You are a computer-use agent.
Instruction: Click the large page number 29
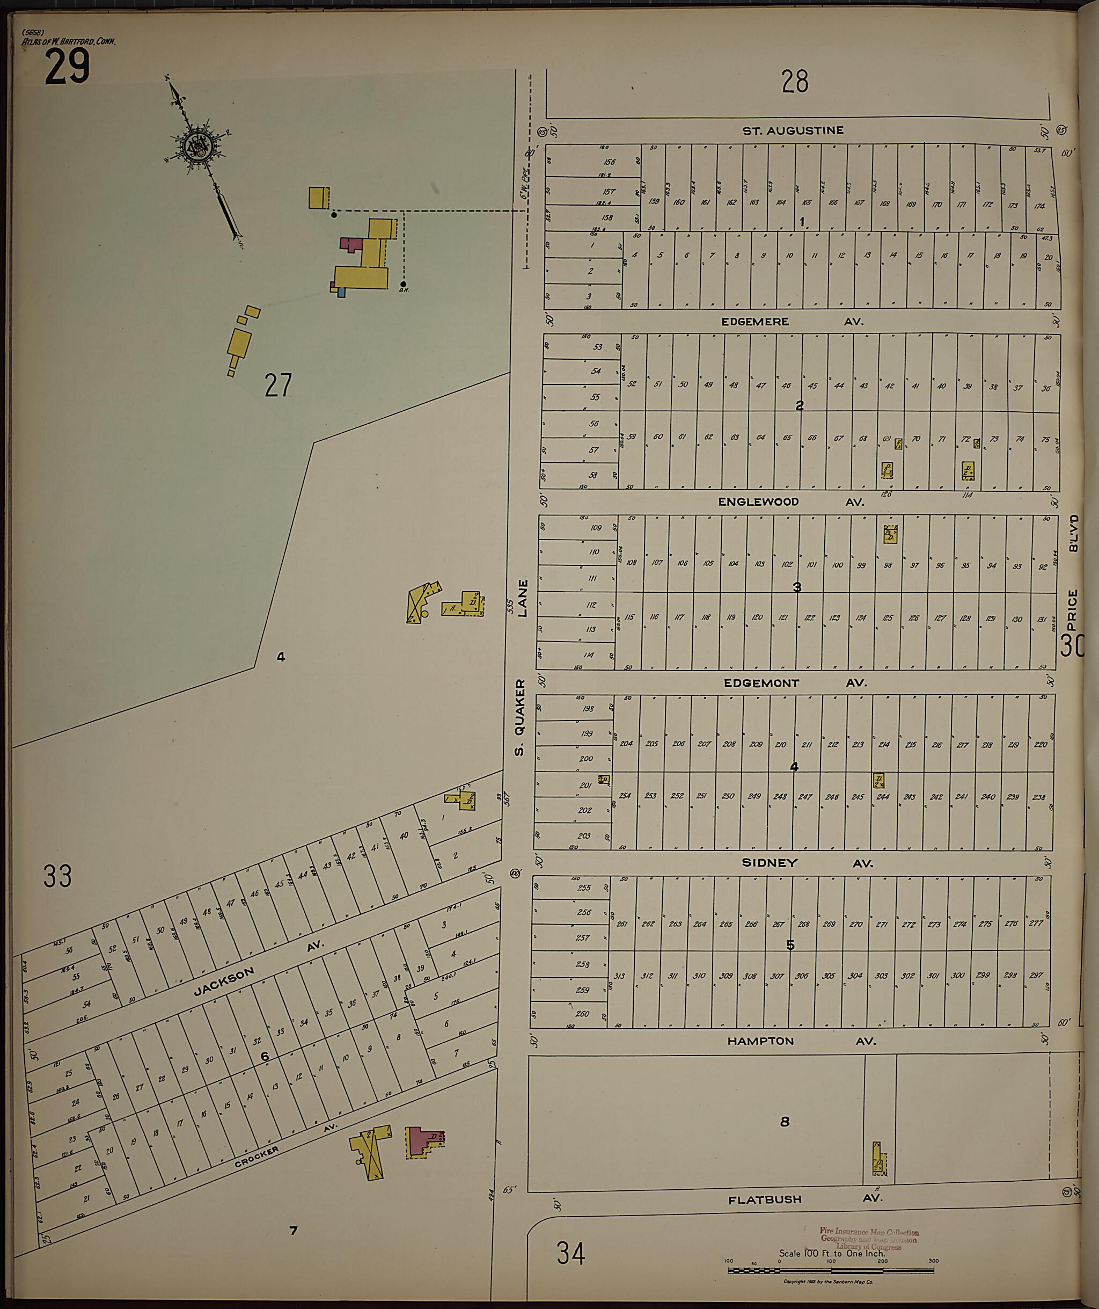click(x=67, y=67)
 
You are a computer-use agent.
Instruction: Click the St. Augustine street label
click(x=793, y=130)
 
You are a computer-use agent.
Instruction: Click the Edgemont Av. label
click(x=795, y=682)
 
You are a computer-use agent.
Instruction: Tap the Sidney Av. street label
click(x=807, y=863)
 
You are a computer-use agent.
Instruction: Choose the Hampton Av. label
click(x=801, y=1041)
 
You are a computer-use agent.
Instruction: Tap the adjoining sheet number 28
click(x=794, y=82)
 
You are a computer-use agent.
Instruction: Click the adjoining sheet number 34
click(x=570, y=1253)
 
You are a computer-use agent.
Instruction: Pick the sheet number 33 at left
click(x=57, y=876)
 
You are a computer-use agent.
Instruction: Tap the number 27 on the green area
click(x=278, y=385)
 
